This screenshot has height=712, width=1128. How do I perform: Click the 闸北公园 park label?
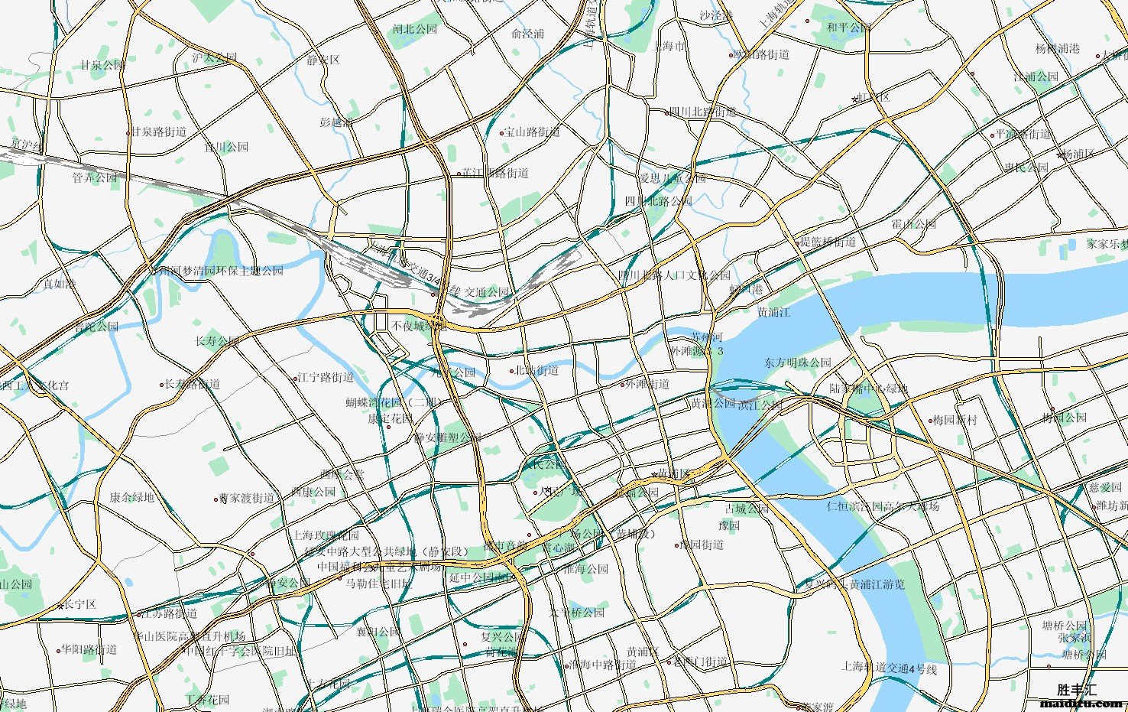pyautogui.click(x=415, y=29)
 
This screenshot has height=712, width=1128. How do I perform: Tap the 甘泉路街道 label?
pyautogui.click(x=158, y=132)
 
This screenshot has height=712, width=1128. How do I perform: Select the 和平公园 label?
pyautogui.click(x=848, y=28)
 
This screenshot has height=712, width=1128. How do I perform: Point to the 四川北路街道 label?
pyautogui.click(x=702, y=112)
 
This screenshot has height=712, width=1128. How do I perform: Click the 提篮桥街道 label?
pyautogui.click(x=828, y=242)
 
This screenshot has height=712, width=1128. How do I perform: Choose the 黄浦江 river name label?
pyautogui.click(x=773, y=312)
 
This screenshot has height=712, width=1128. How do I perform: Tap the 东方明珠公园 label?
pyautogui.click(x=797, y=363)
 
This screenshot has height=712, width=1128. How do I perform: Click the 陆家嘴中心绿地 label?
pyautogui.click(x=869, y=389)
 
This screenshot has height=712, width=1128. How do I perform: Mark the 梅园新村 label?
pyautogui.click(x=955, y=420)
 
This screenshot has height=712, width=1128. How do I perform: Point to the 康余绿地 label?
pyautogui.click(x=131, y=497)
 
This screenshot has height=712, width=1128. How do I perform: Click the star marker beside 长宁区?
pyautogui.click(x=60, y=606)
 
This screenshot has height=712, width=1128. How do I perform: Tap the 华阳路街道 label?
pyautogui.click(x=89, y=650)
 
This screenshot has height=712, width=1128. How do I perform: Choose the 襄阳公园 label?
pyautogui.click(x=378, y=632)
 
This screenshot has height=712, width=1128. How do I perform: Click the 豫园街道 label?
pyautogui.click(x=702, y=545)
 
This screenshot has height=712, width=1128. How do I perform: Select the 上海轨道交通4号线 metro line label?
pyautogui.click(x=889, y=668)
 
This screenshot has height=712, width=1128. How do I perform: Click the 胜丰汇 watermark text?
pyautogui.click(x=1077, y=690)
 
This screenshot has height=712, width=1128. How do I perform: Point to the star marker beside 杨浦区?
pyautogui.click(x=1060, y=155)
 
